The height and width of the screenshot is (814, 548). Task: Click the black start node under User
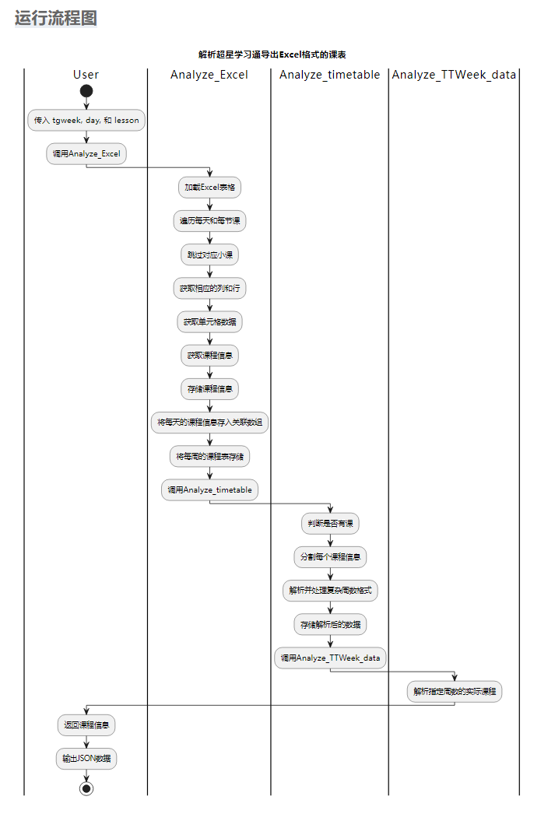click(86, 91)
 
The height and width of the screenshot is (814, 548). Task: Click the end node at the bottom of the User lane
click(86, 788)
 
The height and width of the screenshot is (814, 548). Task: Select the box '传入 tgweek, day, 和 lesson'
click(86, 121)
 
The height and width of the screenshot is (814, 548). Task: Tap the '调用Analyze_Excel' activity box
click(86, 154)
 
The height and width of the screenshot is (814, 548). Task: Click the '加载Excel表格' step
click(210, 188)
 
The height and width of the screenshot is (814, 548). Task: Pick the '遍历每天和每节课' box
click(210, 221)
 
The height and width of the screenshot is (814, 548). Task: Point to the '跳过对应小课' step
click(210, 254)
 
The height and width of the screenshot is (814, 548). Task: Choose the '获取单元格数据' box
click(210, 321)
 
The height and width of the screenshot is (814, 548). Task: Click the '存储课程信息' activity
click(210, 388)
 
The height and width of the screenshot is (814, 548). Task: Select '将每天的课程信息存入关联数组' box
click(210, 423)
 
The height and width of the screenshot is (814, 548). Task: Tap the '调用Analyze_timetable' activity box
click(210, 490)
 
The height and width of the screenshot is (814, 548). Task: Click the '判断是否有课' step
click(331, 524)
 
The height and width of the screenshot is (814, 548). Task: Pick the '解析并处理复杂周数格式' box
click(331, 591)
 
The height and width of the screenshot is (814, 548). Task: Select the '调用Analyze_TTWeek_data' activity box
click(331, 658)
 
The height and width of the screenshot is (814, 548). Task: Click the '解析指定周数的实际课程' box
click(455, 691)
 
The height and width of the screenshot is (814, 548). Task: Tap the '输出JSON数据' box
click(86, 759)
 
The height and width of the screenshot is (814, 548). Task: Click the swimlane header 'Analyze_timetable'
click(330, 75)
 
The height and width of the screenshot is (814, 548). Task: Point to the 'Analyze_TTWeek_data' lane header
click(455, 75)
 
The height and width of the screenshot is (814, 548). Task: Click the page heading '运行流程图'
click(56, 18)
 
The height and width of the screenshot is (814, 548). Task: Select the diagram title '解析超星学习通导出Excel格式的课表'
click(272, 54)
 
